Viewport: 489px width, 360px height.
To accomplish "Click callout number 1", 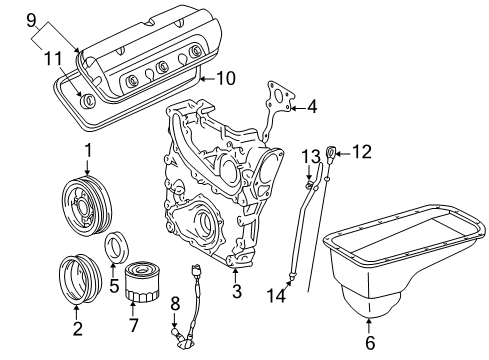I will click(x=87, y=151).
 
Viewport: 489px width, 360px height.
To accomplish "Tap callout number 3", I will click(x=236, y=291).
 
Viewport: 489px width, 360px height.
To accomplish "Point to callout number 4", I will click(x=312, y=105).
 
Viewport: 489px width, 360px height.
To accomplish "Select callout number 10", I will click(x=225, y=76).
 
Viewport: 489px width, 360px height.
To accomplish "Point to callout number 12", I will click(x=361, y=152).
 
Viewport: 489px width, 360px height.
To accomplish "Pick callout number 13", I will click(x=311, y=155).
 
